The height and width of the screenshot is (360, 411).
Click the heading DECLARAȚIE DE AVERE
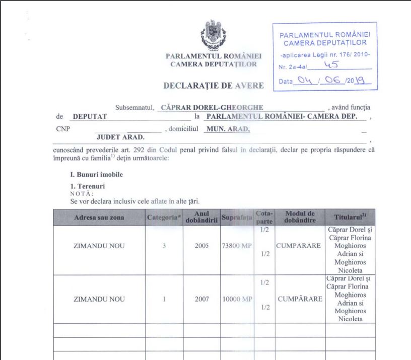coord(214,86)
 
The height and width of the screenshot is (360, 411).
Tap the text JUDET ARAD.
coord(120,136)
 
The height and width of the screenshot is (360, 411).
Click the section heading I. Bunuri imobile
coord(96,175)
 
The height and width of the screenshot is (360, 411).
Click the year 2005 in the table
coord(201,246)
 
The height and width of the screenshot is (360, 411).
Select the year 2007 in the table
coord(201,299)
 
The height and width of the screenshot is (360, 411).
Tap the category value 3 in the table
coord(164,246)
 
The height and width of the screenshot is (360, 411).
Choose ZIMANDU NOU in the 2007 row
coord(99,299)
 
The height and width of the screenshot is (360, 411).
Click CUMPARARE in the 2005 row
coord(299,246)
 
